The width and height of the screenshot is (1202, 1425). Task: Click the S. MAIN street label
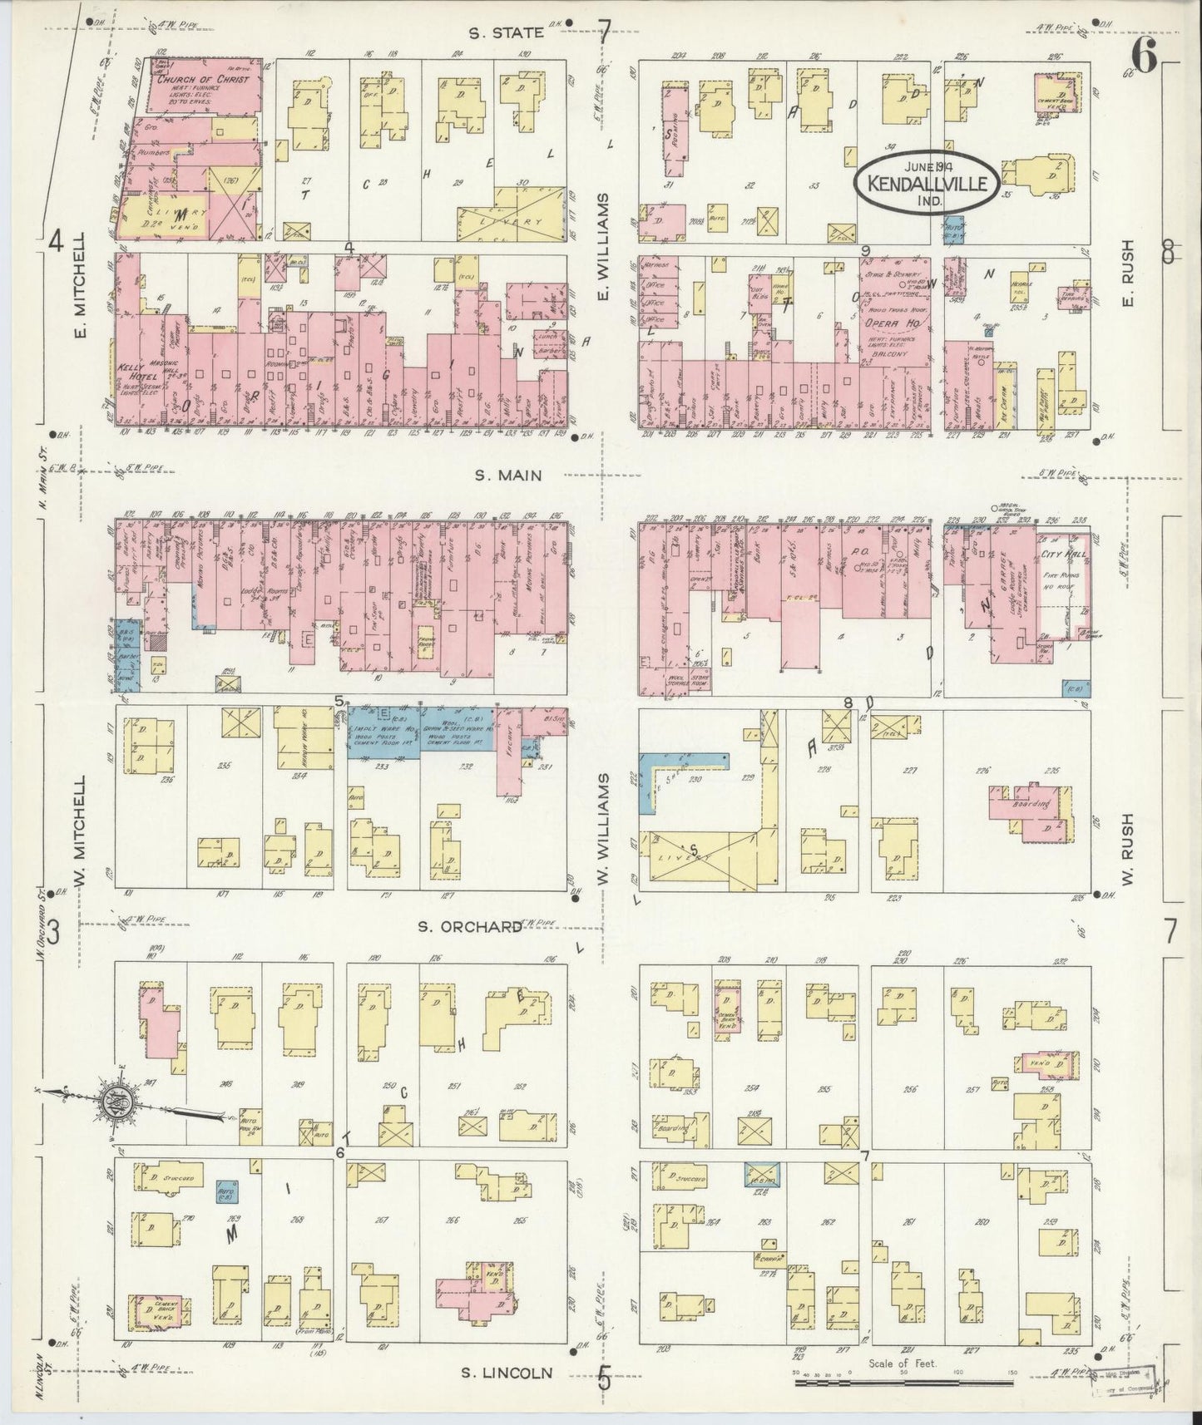click(508, 476)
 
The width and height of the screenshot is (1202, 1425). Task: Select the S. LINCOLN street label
click(508, 1373)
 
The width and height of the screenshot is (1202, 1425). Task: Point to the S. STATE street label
click(505, 32)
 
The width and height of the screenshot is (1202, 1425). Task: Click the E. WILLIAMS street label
click(605, 248)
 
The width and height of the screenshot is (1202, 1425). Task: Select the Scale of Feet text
click(902, 1363)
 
